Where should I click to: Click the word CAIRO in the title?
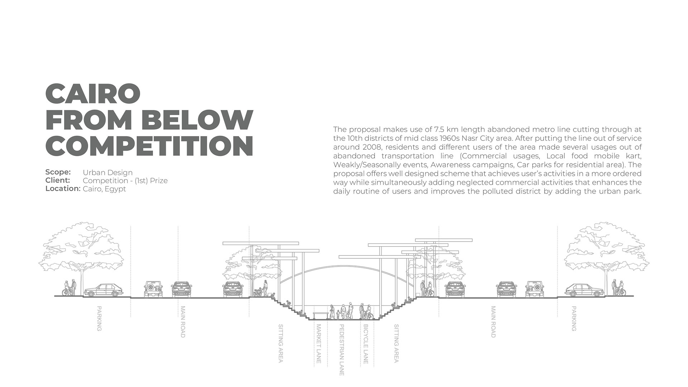(x=93, y=93)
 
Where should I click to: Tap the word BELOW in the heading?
(x=197, y=119)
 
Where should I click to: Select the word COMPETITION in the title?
(x=149, y=146)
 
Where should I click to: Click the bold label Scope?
(x=58, y=172)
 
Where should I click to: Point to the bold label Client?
(x=58, y=180)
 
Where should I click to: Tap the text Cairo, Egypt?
(x=104, y=189)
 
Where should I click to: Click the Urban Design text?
(x=107, y=173)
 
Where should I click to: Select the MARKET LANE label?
(x=319, y=344)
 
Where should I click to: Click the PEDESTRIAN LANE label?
(x=341, y=350)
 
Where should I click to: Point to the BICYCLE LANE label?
(x=365, y=344)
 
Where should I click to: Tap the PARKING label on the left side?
(x=99, y=318)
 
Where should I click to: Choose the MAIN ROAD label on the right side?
(x=493, y=321)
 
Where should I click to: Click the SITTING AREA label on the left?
(x=281, y=343)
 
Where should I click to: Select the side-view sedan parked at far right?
(x=583, y=290)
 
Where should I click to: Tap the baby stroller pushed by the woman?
(x=258, y=292)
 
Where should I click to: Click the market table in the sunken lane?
(x=321, y=315)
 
